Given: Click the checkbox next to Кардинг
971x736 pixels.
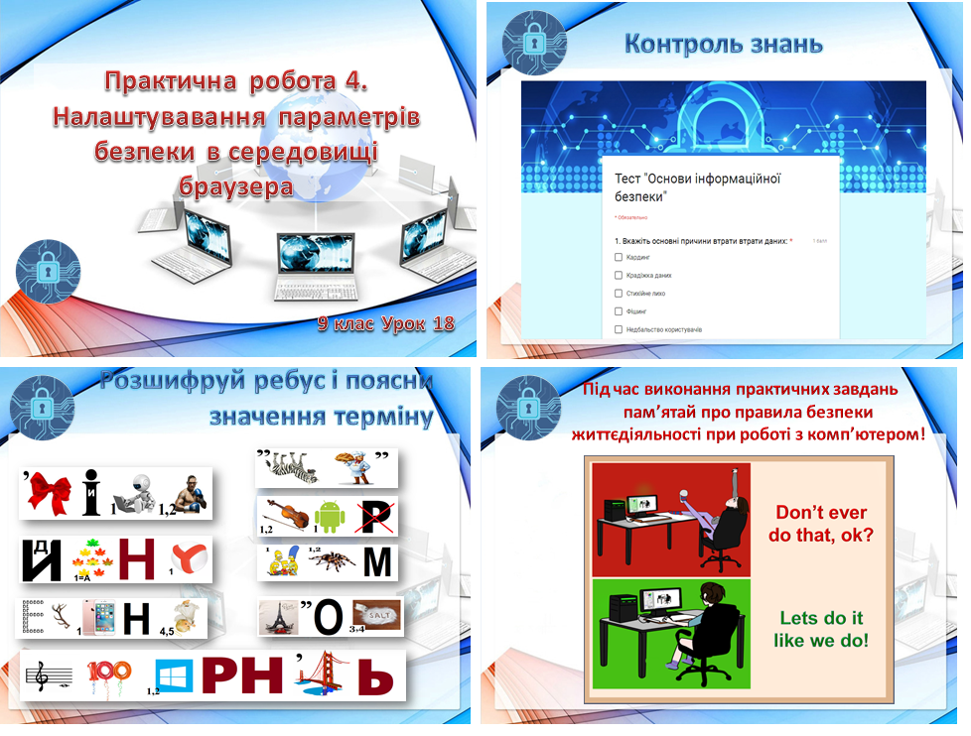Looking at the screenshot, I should pos(619,257).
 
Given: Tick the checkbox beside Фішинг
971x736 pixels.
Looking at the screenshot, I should pos(619,311).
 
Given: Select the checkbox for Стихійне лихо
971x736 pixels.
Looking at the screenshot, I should pos(619,294).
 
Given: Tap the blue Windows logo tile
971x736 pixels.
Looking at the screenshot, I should pos(174,676).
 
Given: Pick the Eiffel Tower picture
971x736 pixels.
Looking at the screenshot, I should pos(274,618).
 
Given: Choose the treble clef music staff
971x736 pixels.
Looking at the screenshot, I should pos(49,677).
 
